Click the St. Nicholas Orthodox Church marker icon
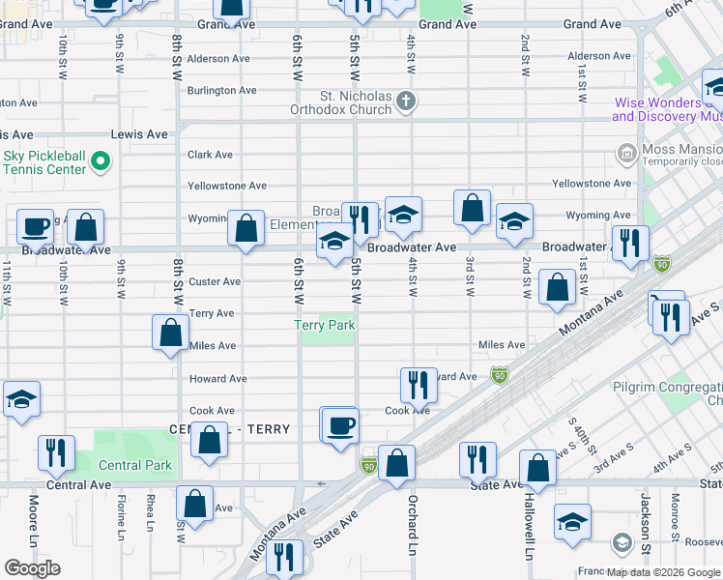point(407,101)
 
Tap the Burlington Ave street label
point(222,90)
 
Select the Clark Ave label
point(210,154)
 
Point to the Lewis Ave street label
point(139,134)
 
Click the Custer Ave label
point(215,281)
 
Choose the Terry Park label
point(325,326)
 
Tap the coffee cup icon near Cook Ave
point(339,425)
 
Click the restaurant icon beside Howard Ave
point(415,384)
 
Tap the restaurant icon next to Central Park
point(55,451)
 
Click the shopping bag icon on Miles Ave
point(170,332)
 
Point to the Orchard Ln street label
point(412,520)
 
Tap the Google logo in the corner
point(32,567)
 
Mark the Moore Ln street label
point(34,519)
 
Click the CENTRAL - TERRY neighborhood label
point(229,429)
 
